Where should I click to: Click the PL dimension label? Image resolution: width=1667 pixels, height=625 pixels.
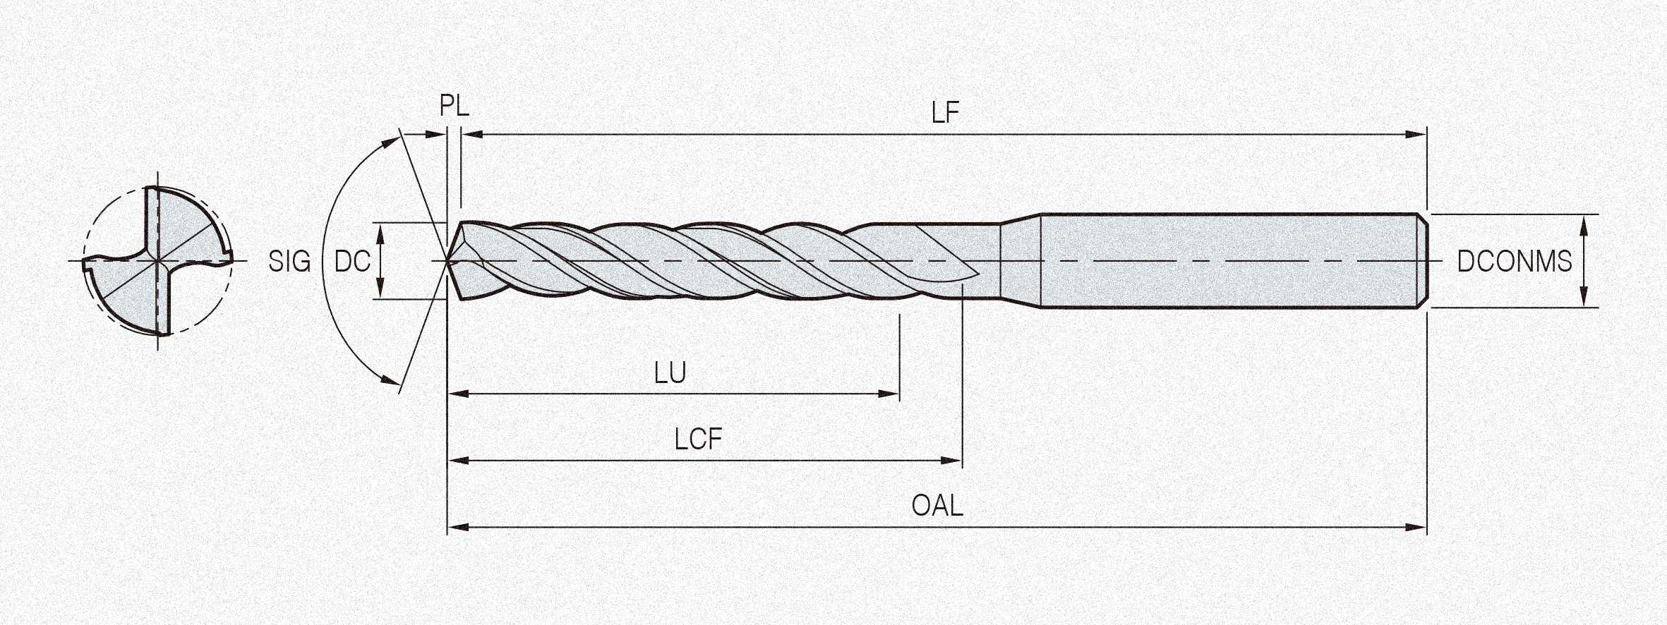coord(454,106)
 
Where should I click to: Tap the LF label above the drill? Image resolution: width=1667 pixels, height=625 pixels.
coord(945,112)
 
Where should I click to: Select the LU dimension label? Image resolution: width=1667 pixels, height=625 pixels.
coord(670,372)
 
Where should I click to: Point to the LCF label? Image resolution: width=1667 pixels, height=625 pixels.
coord(698,439)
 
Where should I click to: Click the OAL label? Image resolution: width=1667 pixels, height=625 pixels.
coord(937,506)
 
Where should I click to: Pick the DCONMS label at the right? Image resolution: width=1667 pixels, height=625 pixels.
coord(1515,262)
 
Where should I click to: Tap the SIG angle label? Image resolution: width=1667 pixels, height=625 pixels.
coord(289,262)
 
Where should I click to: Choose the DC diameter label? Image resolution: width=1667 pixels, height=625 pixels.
coord(352,262)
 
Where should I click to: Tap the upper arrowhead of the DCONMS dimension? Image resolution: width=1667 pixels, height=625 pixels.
coord(1583,224)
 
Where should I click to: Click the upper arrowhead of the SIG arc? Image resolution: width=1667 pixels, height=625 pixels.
coord(389,142)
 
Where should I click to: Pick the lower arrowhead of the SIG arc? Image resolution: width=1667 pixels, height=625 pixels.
coord(389,380)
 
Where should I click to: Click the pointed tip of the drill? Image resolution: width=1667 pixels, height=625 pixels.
coord(449,262)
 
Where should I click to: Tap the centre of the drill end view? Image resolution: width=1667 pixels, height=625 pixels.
coord(157,262)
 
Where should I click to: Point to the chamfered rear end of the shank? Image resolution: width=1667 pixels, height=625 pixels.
coord(1424,261)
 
